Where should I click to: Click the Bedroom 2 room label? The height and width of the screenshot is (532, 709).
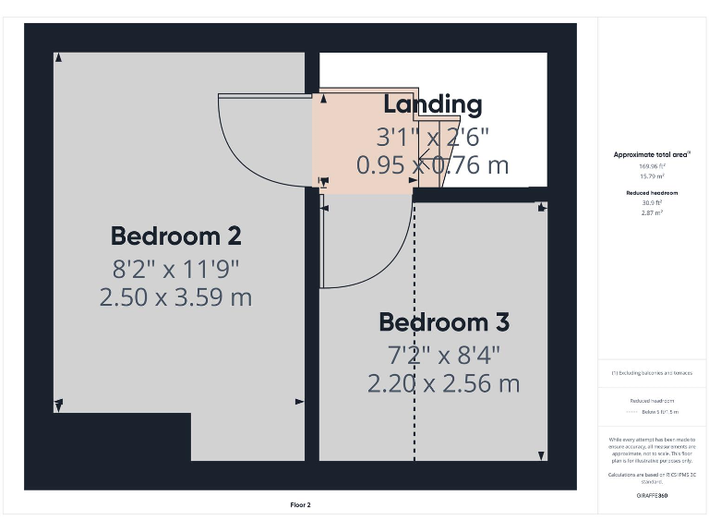pos(175,236)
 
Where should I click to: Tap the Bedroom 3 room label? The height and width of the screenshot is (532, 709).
pos(444,323)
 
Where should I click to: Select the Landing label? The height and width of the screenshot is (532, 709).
pos(432,104)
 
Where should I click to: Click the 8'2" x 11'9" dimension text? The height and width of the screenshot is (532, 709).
pos(175,270)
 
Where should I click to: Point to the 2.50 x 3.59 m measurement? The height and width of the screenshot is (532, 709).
pos(175,297)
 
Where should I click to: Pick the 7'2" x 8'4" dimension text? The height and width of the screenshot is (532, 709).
pos(444,355)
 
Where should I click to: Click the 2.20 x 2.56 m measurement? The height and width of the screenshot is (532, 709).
pos(444,383)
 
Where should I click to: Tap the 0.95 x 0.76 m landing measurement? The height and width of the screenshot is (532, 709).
pos(432,165)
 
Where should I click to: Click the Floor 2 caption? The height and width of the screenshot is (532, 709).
pos(301,505)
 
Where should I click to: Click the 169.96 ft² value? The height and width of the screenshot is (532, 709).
pos(652,165)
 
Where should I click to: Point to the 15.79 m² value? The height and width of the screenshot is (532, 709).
pos(652,175)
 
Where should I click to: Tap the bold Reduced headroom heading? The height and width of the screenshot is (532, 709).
pos(652,193)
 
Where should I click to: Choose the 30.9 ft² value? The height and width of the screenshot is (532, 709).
pos(652,203)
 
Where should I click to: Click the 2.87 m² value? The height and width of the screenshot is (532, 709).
pos(652,212)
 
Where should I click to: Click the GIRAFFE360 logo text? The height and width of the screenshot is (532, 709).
pos(652,496)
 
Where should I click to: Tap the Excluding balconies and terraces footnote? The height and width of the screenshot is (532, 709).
pos(652,373)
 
